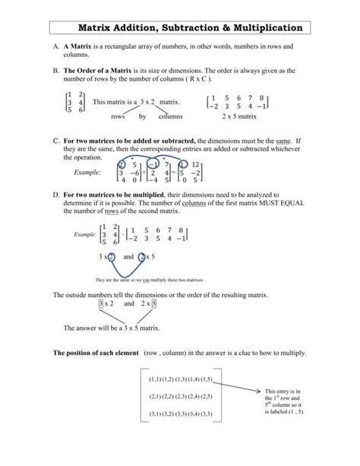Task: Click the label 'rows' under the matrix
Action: [118, 116]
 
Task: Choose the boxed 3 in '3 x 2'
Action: [100, 304]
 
